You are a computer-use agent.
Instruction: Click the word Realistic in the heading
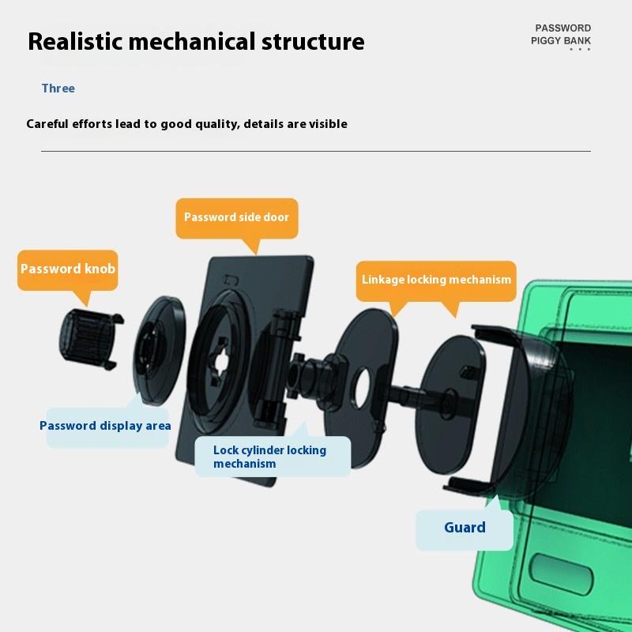click(75, 42)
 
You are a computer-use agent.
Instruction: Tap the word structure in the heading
click(313, 42)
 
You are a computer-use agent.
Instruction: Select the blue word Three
click(58, 88)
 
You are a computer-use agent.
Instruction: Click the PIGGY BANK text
click(561, 41)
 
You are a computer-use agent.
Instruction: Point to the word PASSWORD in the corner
click(563, 28)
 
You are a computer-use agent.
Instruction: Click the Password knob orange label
click(68, 269)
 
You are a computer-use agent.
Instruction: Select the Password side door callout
click(237, 218)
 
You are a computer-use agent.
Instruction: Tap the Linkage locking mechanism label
click(436, 280)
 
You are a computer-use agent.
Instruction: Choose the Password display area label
click(106, 426)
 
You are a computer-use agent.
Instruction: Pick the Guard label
click(465, 528)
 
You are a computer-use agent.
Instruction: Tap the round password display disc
click(159, 350)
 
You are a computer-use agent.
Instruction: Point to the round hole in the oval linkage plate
click(362, 388)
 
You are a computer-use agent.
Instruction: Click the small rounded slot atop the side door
click(231, 280)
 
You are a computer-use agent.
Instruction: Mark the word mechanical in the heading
click(192, 42)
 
